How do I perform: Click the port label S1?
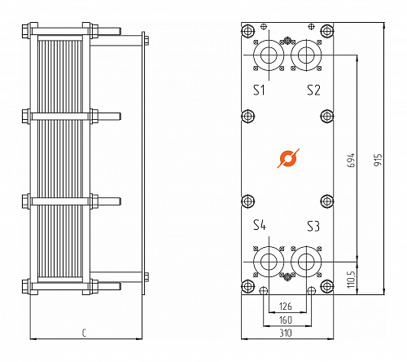(258, 90)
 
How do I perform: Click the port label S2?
(313, 90)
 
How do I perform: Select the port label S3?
(313, 225)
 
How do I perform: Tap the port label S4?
(259, 225)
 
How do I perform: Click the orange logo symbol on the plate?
(287, 158)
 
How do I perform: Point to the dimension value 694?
(351, 160)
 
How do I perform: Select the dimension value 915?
(378, 160)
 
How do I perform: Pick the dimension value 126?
(285, 307)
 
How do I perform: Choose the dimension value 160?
(285, 320)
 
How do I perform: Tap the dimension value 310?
(285, 333)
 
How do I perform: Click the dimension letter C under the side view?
(85, 333)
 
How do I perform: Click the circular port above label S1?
(266, 55)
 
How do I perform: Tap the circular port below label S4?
(266, 262)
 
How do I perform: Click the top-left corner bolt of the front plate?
(247, 31)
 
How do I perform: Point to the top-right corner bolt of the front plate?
(326, 31)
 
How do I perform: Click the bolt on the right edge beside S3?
(326, 201)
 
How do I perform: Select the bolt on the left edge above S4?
(247, 201)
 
